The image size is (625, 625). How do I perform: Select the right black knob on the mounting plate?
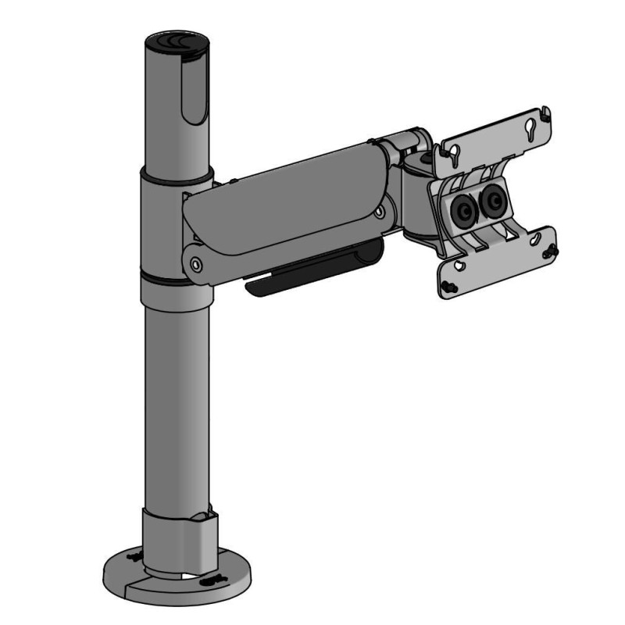493,202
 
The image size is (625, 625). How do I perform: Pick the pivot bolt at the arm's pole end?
195,264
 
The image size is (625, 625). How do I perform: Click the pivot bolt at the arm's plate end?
380,212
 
